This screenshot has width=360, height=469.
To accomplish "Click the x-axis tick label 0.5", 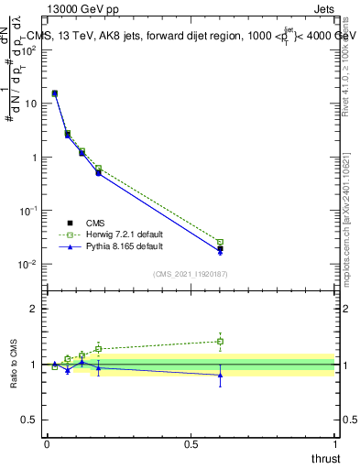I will tap(191, 443).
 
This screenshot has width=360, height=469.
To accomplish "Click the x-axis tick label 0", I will tap(47, 443).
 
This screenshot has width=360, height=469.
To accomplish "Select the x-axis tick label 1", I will tap(334, 443).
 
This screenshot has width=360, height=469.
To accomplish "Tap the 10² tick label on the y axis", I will tap(29, 49).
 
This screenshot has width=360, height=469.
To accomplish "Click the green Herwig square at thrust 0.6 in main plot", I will tap(220, 242).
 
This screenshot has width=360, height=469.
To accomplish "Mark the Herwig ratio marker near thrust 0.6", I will tap(220, 342).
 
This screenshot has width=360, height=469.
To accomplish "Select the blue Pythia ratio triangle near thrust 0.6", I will tap(220, 375).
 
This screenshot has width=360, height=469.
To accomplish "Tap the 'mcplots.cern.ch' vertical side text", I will tap(351, 229).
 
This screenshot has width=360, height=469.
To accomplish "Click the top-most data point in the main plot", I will tap(55, 93).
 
